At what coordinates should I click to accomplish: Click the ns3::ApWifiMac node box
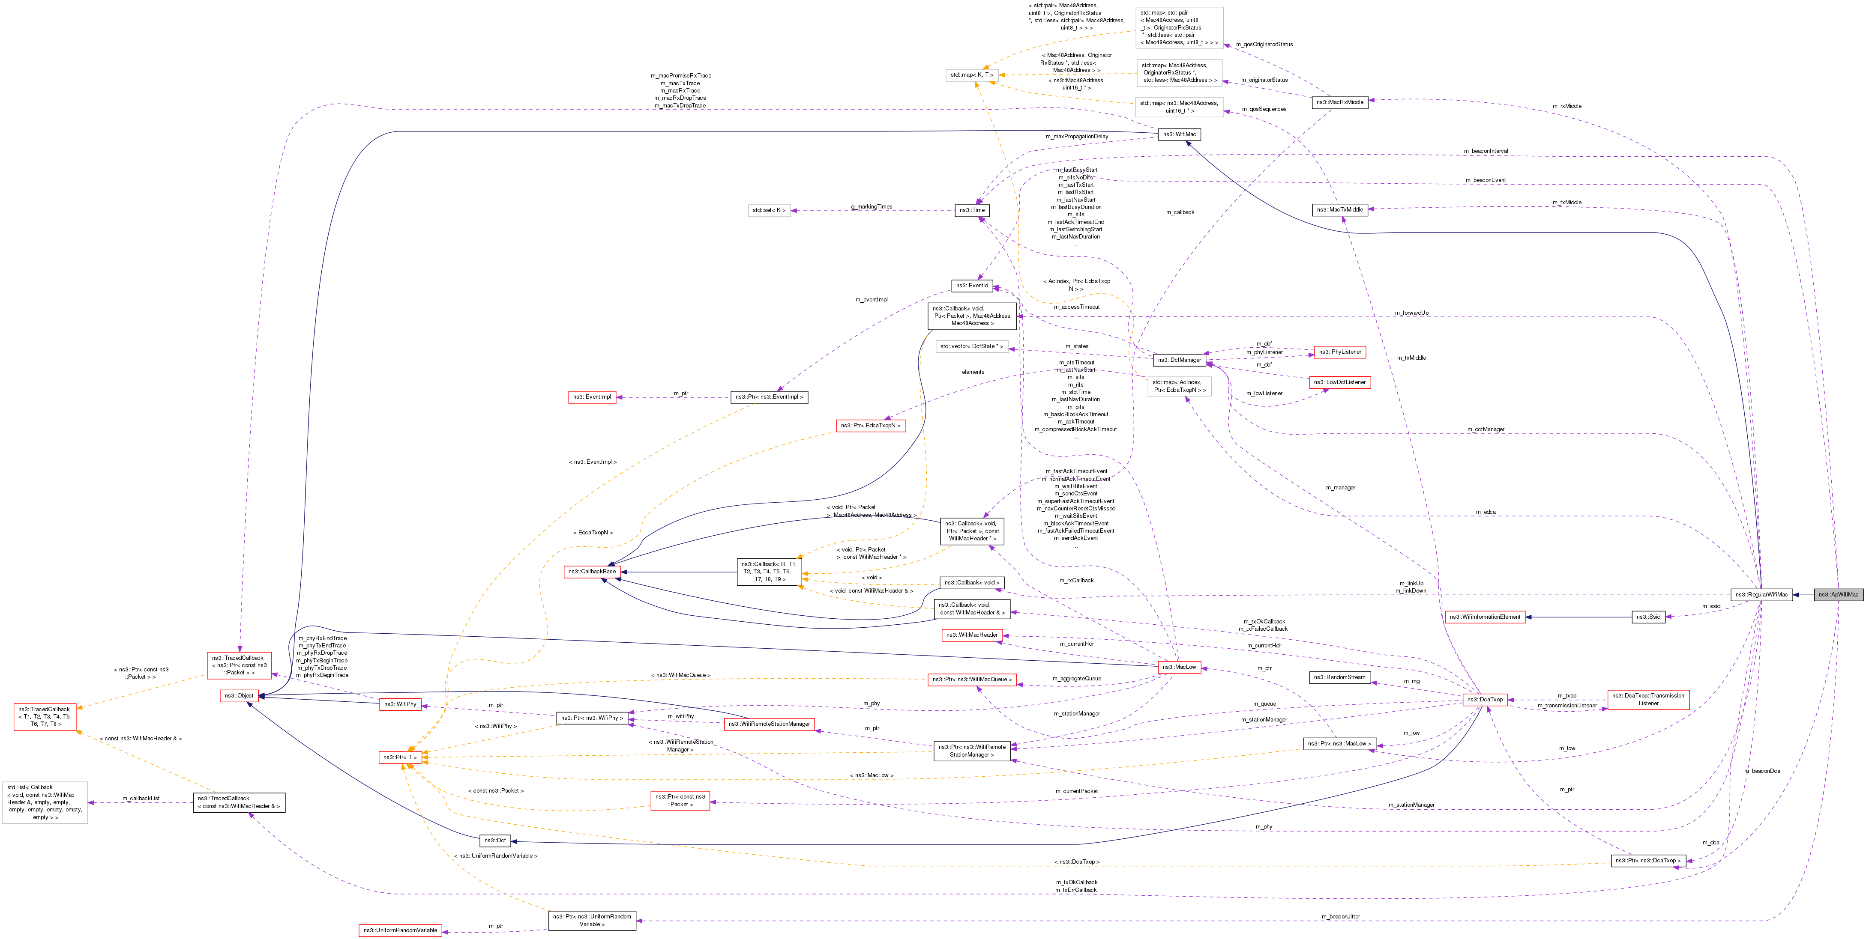[x=1838, y=594]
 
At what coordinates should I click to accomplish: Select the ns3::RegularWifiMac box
[x=1761, y=594]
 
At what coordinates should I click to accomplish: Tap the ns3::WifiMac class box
[x=1179, y=134]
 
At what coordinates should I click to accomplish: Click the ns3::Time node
[x=972, y=210]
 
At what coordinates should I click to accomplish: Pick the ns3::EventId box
[x=971, y=285]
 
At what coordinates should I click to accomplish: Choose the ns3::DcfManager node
[x=1179, y=360]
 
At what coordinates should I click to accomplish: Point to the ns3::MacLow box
[x=1179, y=667]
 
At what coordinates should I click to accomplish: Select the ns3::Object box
[x=239, y=696]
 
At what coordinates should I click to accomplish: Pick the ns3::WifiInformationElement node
[x=1485, y=617]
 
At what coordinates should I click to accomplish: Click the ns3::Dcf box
[x=495, y=841]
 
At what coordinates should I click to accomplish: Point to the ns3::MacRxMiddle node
[x=1340, y=102]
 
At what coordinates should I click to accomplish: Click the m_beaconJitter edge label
[x=1340, y=917]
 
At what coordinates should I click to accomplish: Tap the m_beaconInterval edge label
[x=1486, y=151]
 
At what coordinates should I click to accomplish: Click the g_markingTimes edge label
[x=872, y=207]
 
